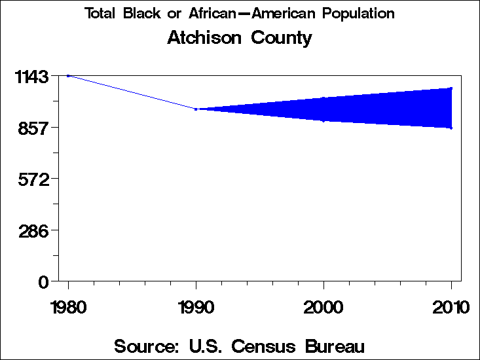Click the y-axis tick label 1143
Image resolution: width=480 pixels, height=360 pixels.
click(31, 77)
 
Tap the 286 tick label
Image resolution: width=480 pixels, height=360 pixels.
click(35, 230)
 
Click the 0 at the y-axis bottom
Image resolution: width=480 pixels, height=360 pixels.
click(44, 281)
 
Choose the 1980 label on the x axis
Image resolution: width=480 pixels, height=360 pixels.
click(68, 307)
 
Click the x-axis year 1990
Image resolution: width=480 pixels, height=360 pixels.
click(196, 307)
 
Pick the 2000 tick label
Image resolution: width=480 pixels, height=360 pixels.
click(323, 307)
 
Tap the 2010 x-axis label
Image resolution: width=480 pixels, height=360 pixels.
click(451, 307)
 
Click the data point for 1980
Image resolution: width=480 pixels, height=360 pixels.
click(68, 76)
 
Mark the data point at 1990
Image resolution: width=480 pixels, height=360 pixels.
click(196, 109)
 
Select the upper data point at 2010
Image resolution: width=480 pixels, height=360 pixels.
click(451, 88)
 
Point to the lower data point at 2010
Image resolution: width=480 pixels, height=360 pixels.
click(451, 128)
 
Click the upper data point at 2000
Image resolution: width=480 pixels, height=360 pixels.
click(323, 98)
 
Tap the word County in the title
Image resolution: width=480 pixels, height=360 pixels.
click(282, 38)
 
